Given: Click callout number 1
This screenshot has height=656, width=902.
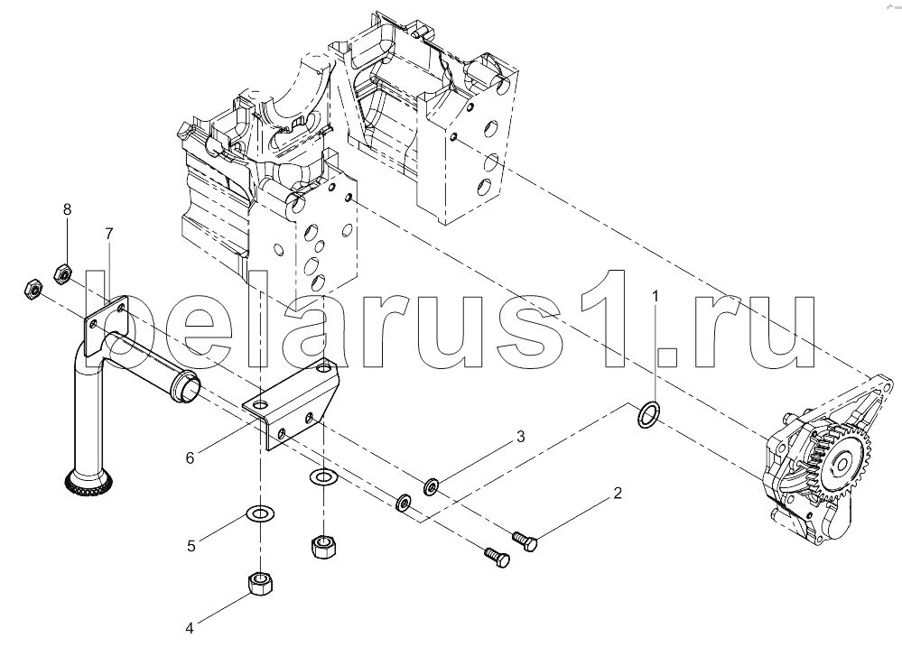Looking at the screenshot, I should click(656, 295).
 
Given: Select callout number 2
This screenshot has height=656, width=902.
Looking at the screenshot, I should click(618, 494).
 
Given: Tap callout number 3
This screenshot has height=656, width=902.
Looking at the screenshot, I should click(520, 438).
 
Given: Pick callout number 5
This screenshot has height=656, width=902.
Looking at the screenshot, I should click(191, 545).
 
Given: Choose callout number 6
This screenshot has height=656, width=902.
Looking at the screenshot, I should click(190, 457).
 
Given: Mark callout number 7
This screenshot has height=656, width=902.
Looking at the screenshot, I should click(108, 234).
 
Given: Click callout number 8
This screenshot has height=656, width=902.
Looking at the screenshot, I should click(67, 209).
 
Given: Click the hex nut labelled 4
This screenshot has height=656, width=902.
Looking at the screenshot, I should click(261, 585).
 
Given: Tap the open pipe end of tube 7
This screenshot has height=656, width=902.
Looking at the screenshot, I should click(191, 389).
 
